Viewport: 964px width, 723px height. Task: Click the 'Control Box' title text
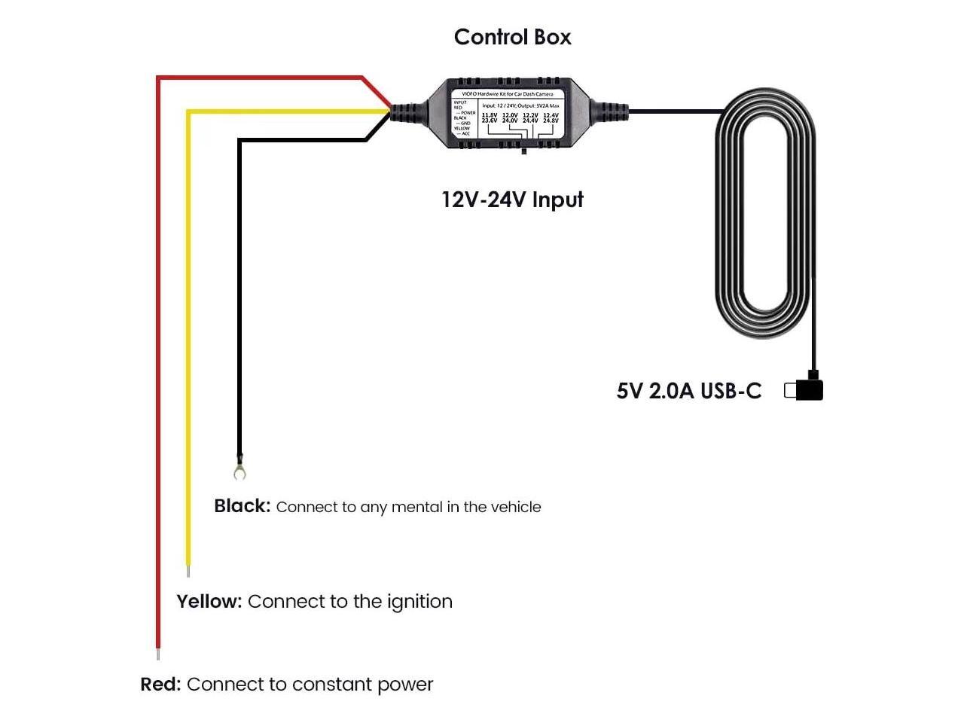(512, 37)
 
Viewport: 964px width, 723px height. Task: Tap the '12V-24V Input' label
(512, 200)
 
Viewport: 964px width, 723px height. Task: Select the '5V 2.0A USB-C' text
(688, 391)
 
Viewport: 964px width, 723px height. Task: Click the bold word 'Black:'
(242, 506)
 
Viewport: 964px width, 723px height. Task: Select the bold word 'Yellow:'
(209, 602)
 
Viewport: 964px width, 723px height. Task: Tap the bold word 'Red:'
(160, 685)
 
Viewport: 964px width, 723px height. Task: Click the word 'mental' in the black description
(413, 507)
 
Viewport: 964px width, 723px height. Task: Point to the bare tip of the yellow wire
(188, 572)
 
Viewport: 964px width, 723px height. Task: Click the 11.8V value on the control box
(490, 115)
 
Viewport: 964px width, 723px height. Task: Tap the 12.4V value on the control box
(551, 115)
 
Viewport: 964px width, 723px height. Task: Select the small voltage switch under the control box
(523, 151)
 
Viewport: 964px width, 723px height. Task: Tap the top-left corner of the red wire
(158, 78)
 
